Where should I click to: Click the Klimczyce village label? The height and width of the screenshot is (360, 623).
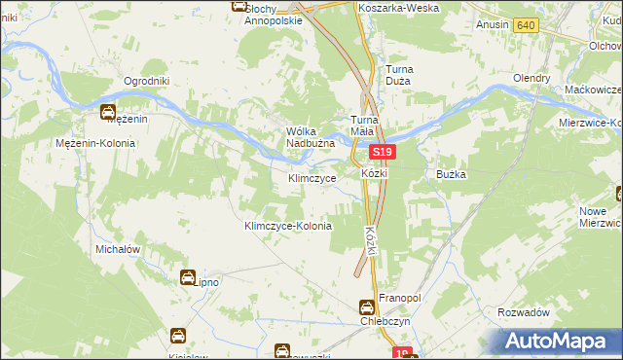312,179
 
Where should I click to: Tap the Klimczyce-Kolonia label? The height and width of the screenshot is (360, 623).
287,226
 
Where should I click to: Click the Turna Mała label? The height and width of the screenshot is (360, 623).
369,126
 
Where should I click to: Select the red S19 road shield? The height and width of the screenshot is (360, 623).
383,153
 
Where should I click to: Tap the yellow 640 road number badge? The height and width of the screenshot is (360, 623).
527,24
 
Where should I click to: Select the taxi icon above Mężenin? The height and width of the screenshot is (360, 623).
108,111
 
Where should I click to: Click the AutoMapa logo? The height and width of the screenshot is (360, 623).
558,340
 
